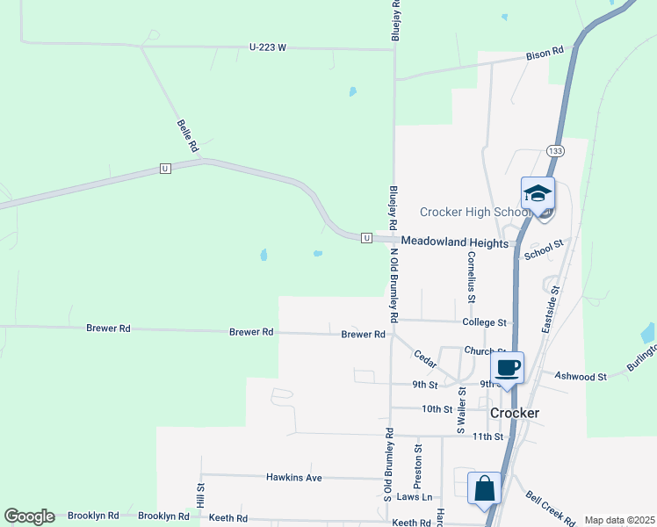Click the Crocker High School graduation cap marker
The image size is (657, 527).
coord(538,194)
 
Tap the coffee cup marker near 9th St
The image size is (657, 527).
coord(508,367)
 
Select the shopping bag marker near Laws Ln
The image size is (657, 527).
coord(484,488)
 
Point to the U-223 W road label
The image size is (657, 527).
coord(268,47)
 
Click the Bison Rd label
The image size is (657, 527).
coord(545,54)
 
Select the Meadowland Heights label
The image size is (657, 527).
coord(455,242)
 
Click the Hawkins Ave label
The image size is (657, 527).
coord(294,478)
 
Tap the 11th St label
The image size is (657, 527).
coord(487,436)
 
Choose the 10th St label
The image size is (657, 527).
coord(437,409)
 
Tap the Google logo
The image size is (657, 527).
coord(29,516)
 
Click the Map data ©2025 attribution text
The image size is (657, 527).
coord(619,520)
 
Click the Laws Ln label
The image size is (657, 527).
coord(415,497)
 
